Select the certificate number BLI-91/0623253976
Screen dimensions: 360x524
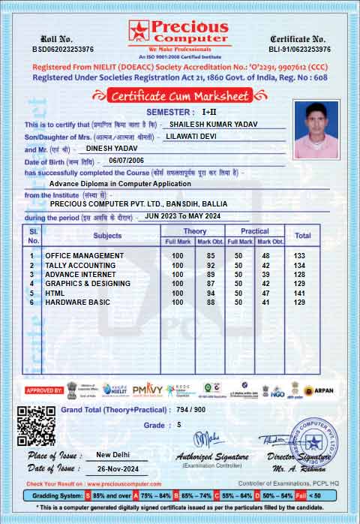coord(300,49)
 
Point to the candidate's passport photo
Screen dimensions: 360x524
coord(316,126)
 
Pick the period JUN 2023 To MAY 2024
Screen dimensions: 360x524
coord(183,216)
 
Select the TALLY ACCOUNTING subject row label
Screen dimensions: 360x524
coord(80,266)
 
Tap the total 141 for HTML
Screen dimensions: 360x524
coord(300,293)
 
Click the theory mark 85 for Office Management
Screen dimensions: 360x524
coord(211,256)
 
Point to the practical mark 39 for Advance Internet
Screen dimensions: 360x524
coord(265,275)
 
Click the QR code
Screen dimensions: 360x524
coord(36,426)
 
